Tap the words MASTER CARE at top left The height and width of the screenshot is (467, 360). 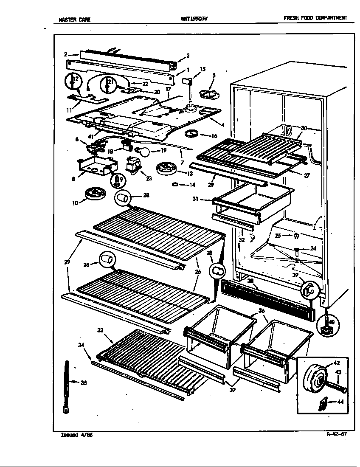pyautogui.click(x=74, y=19)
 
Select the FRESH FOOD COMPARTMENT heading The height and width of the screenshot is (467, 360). pyautogui.click(x=315, y=18)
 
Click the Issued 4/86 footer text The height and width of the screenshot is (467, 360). pyautogui.click(x=74, y=435)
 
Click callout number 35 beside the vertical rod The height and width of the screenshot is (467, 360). pyautogui.click(x=84, y=383)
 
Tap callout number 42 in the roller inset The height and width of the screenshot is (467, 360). pyautogui.click(x=336, y=363)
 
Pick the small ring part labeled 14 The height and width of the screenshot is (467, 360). pyautogui.click(x=174, y=185)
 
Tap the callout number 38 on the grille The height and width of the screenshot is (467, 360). pyautogui.click(x=250, y=281)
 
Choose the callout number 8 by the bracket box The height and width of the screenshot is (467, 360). pyautogui.click(x=74, y=179)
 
